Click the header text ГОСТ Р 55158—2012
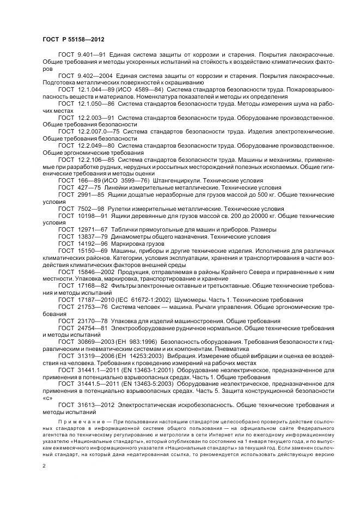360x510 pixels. coord(73,40)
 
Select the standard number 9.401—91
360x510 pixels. coord(91,56)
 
